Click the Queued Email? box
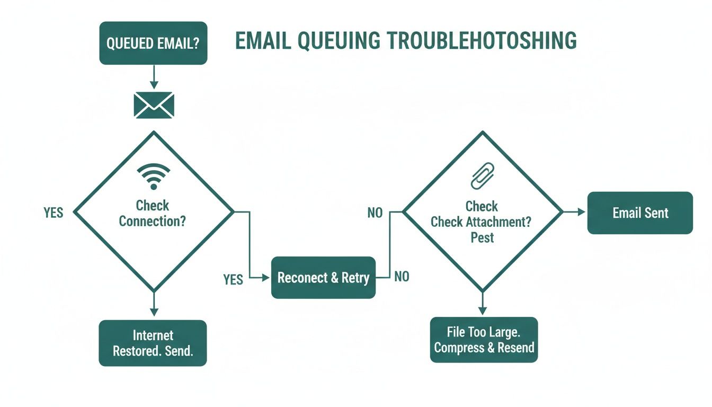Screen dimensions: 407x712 (x=153, y=43)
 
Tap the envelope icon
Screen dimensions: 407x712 (x=154, y=104)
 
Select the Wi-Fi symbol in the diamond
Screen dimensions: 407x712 (x=154, y=176)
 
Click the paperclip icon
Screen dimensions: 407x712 (x=482, y=176)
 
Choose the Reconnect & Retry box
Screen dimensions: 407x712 (x=323, y=278)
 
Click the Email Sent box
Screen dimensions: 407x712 (x=640, y=213)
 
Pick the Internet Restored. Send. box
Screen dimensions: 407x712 (x=153, y=343)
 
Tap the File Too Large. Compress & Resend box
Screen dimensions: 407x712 (x=484, y=340)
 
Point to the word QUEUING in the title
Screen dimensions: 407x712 (x=339, y=41)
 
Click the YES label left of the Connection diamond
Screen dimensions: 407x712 (x=53, y=213)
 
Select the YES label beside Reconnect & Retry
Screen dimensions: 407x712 (x=233, y=279)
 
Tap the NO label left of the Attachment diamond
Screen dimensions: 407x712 (x=375, y=213)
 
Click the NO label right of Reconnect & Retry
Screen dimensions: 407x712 (x=402, y=277)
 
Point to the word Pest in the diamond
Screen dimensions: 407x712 (x=482, y=237)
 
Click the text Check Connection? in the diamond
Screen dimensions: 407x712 (x=153, y=213)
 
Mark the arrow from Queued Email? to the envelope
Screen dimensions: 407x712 (x=154, y=77)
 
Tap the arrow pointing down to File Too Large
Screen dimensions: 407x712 (x=482, y=304)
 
